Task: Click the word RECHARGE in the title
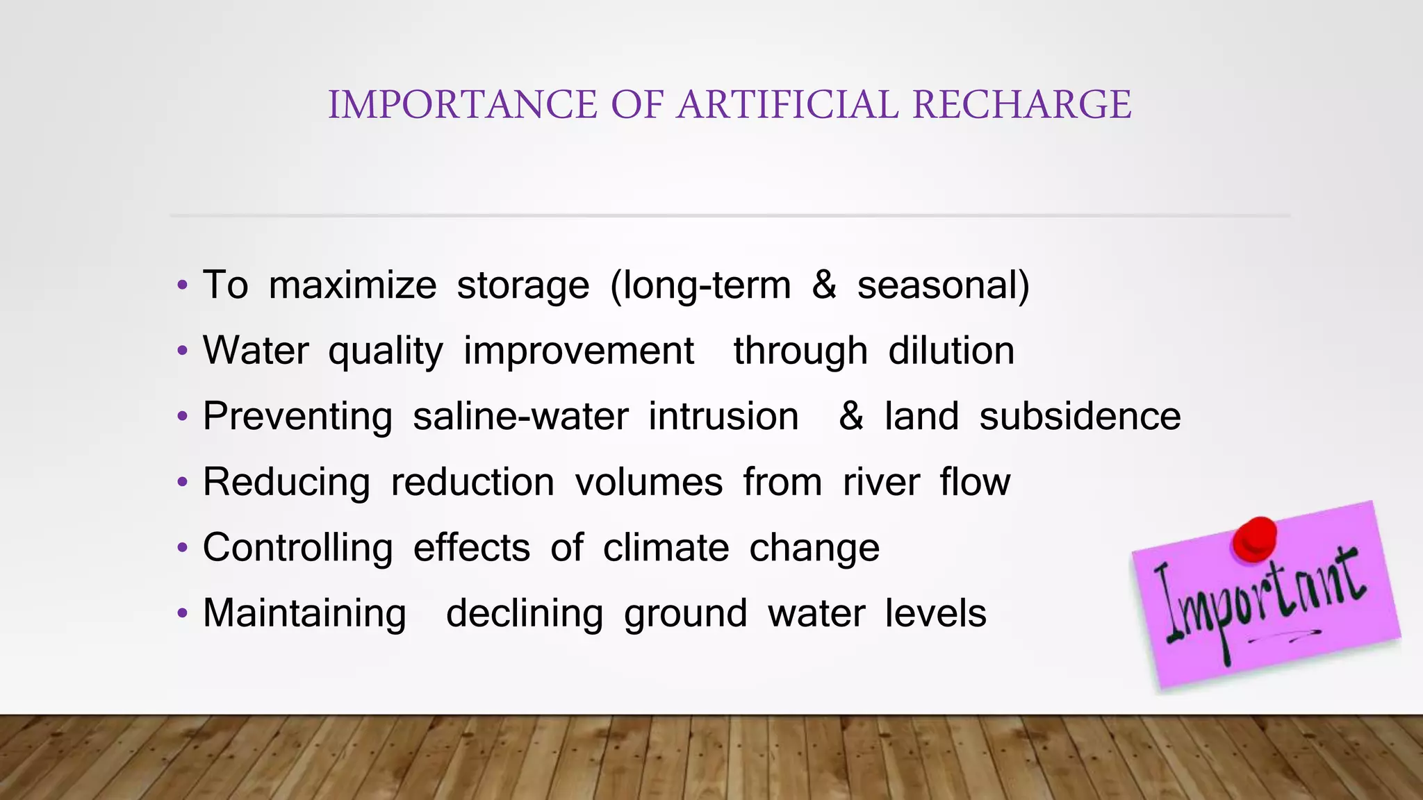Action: [1021, 105]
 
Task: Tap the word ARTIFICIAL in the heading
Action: [788, 105]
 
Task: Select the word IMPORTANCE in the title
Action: [462, 105]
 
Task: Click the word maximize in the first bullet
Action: [352, 285]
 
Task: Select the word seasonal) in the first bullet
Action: [943, 285]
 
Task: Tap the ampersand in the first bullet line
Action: [824, 285]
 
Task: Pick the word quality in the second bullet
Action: [386, 351]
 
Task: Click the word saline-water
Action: [520, 416]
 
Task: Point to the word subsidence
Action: [1080, 416]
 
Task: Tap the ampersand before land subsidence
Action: [851, 416]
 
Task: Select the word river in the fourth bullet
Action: [881, 482]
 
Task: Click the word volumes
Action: [649, 482]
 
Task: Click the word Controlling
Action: [297, 549]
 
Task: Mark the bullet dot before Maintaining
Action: [182, 613]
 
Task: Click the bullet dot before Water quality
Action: [182, 351]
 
